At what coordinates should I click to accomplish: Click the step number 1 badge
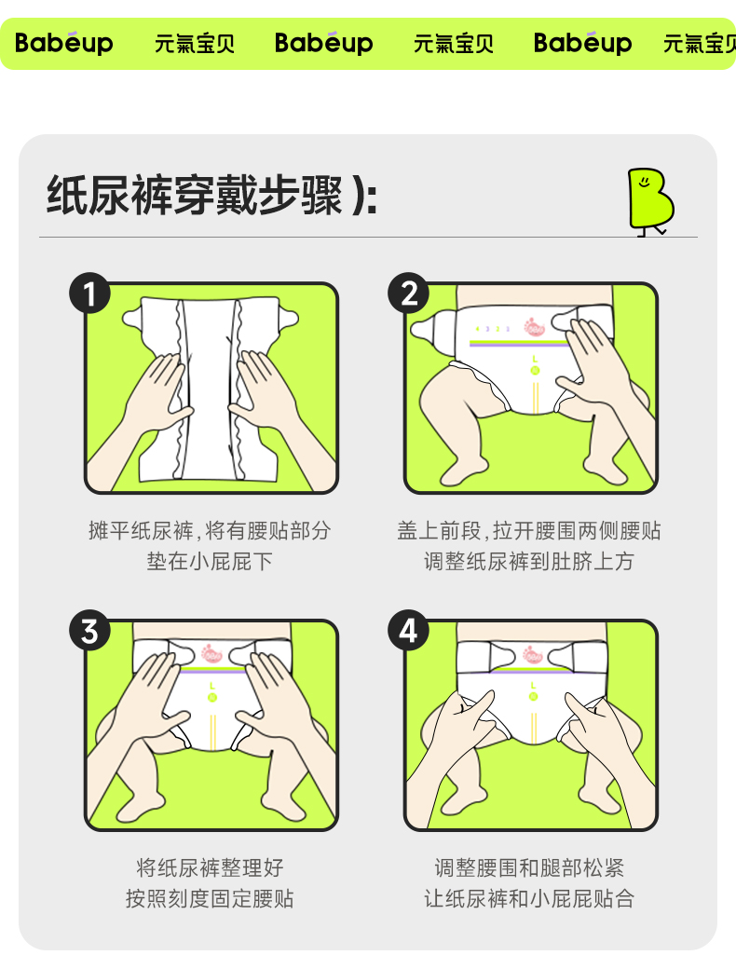click(89, 295)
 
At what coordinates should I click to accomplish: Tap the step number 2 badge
click(408, 295)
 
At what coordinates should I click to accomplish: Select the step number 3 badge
click(89, 632)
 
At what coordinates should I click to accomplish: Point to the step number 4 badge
click(408, 632)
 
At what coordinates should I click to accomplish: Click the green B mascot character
click(649, 199)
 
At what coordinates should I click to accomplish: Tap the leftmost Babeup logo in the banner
click(63, 43)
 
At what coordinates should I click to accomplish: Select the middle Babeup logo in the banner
click(323, 43)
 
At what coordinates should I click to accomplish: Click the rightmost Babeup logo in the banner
click(582, 43)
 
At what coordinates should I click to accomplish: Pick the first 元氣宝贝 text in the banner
click(195, 44)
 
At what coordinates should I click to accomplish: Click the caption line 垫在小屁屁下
click(210, 562)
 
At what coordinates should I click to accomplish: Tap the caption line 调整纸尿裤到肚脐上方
click(529, 562)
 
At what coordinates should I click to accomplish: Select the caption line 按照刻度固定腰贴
click(210, 898)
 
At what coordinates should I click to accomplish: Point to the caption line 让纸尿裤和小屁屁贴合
click(529, 898)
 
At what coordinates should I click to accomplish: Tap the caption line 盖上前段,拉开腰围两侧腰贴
click(529, 531)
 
